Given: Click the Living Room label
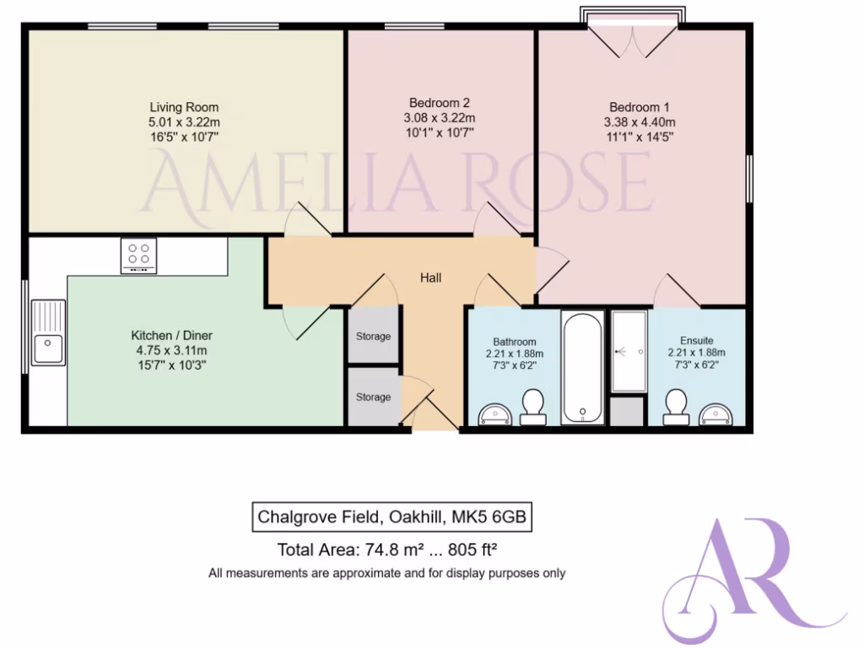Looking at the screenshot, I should (184, 107).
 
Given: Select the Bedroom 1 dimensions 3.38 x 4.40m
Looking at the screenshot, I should (640, 121).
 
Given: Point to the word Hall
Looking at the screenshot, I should (430, 278).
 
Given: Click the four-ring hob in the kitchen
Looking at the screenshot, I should (138, 256).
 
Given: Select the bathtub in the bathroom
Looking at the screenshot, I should (582, 368).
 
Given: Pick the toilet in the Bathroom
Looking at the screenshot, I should (532, 407).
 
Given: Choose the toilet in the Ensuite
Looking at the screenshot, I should (675, 407).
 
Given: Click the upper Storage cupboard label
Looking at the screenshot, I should (373, 337).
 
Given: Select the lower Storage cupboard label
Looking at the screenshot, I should (373, 397).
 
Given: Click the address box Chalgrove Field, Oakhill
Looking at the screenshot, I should (393, 516).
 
